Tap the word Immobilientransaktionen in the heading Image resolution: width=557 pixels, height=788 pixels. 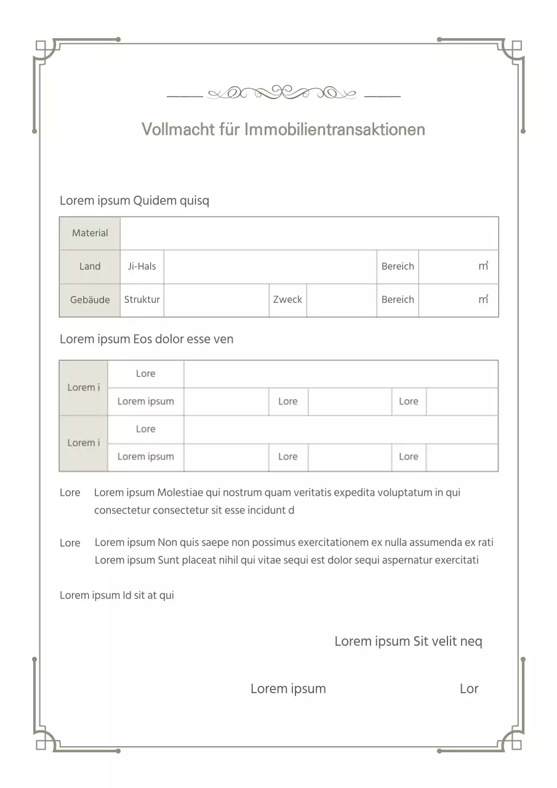[335, 129]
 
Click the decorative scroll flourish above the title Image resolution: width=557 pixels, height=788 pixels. [283, 94]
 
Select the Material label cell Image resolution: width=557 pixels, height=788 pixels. [90, 233]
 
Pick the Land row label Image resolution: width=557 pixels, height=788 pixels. [90, 267]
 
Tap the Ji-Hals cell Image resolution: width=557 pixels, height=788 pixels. [142, 267]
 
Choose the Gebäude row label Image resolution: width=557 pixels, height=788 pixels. [90, 300]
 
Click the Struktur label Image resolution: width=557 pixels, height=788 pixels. [142, 300]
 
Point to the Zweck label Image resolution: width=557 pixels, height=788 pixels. [287, 300]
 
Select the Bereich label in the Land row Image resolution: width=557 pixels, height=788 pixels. [398, 267]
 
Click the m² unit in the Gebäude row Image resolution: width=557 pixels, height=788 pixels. [483, 300]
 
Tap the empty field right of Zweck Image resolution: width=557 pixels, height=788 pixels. [342, 300]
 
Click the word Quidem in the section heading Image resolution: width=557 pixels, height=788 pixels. [154, 201]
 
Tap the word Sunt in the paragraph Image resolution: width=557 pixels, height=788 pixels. [168, 560]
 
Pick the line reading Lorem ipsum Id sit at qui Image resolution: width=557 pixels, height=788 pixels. [117, 595]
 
